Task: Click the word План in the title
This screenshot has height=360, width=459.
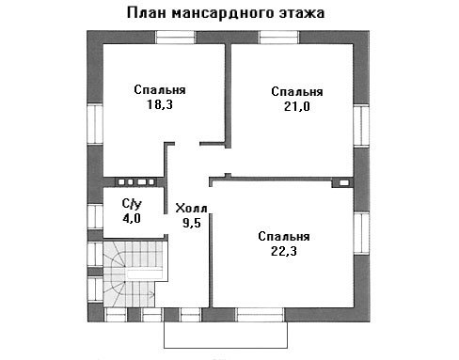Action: point(147,13)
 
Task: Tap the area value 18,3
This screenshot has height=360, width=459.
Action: point(160,104)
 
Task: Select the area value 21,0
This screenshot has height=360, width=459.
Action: point(297,106)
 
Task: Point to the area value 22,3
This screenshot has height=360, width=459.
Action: point(284,251)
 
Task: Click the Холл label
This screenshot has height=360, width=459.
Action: point(191,209)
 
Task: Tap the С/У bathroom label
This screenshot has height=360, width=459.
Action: point(132,204)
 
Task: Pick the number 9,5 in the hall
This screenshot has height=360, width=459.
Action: point(192,223)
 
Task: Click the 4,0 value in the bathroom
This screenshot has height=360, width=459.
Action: point(132,218)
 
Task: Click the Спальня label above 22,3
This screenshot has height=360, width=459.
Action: point(284,237)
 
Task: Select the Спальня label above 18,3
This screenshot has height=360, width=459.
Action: point(160,90)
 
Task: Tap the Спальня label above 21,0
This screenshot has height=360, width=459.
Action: point(297,92)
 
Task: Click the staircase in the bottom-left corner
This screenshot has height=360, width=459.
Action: point(135,274)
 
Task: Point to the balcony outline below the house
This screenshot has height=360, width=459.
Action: point(226,348)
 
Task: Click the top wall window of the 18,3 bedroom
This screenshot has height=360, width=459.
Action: point(175,37)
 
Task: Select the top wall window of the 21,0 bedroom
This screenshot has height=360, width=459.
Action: point(279,37)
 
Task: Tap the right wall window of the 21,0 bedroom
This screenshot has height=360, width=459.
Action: point(361,125)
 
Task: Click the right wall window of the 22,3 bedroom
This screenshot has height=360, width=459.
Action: point(361,233)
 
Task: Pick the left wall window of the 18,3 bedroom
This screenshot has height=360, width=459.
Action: point(95,124)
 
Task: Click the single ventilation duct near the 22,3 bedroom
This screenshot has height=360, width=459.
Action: point(344,182)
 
